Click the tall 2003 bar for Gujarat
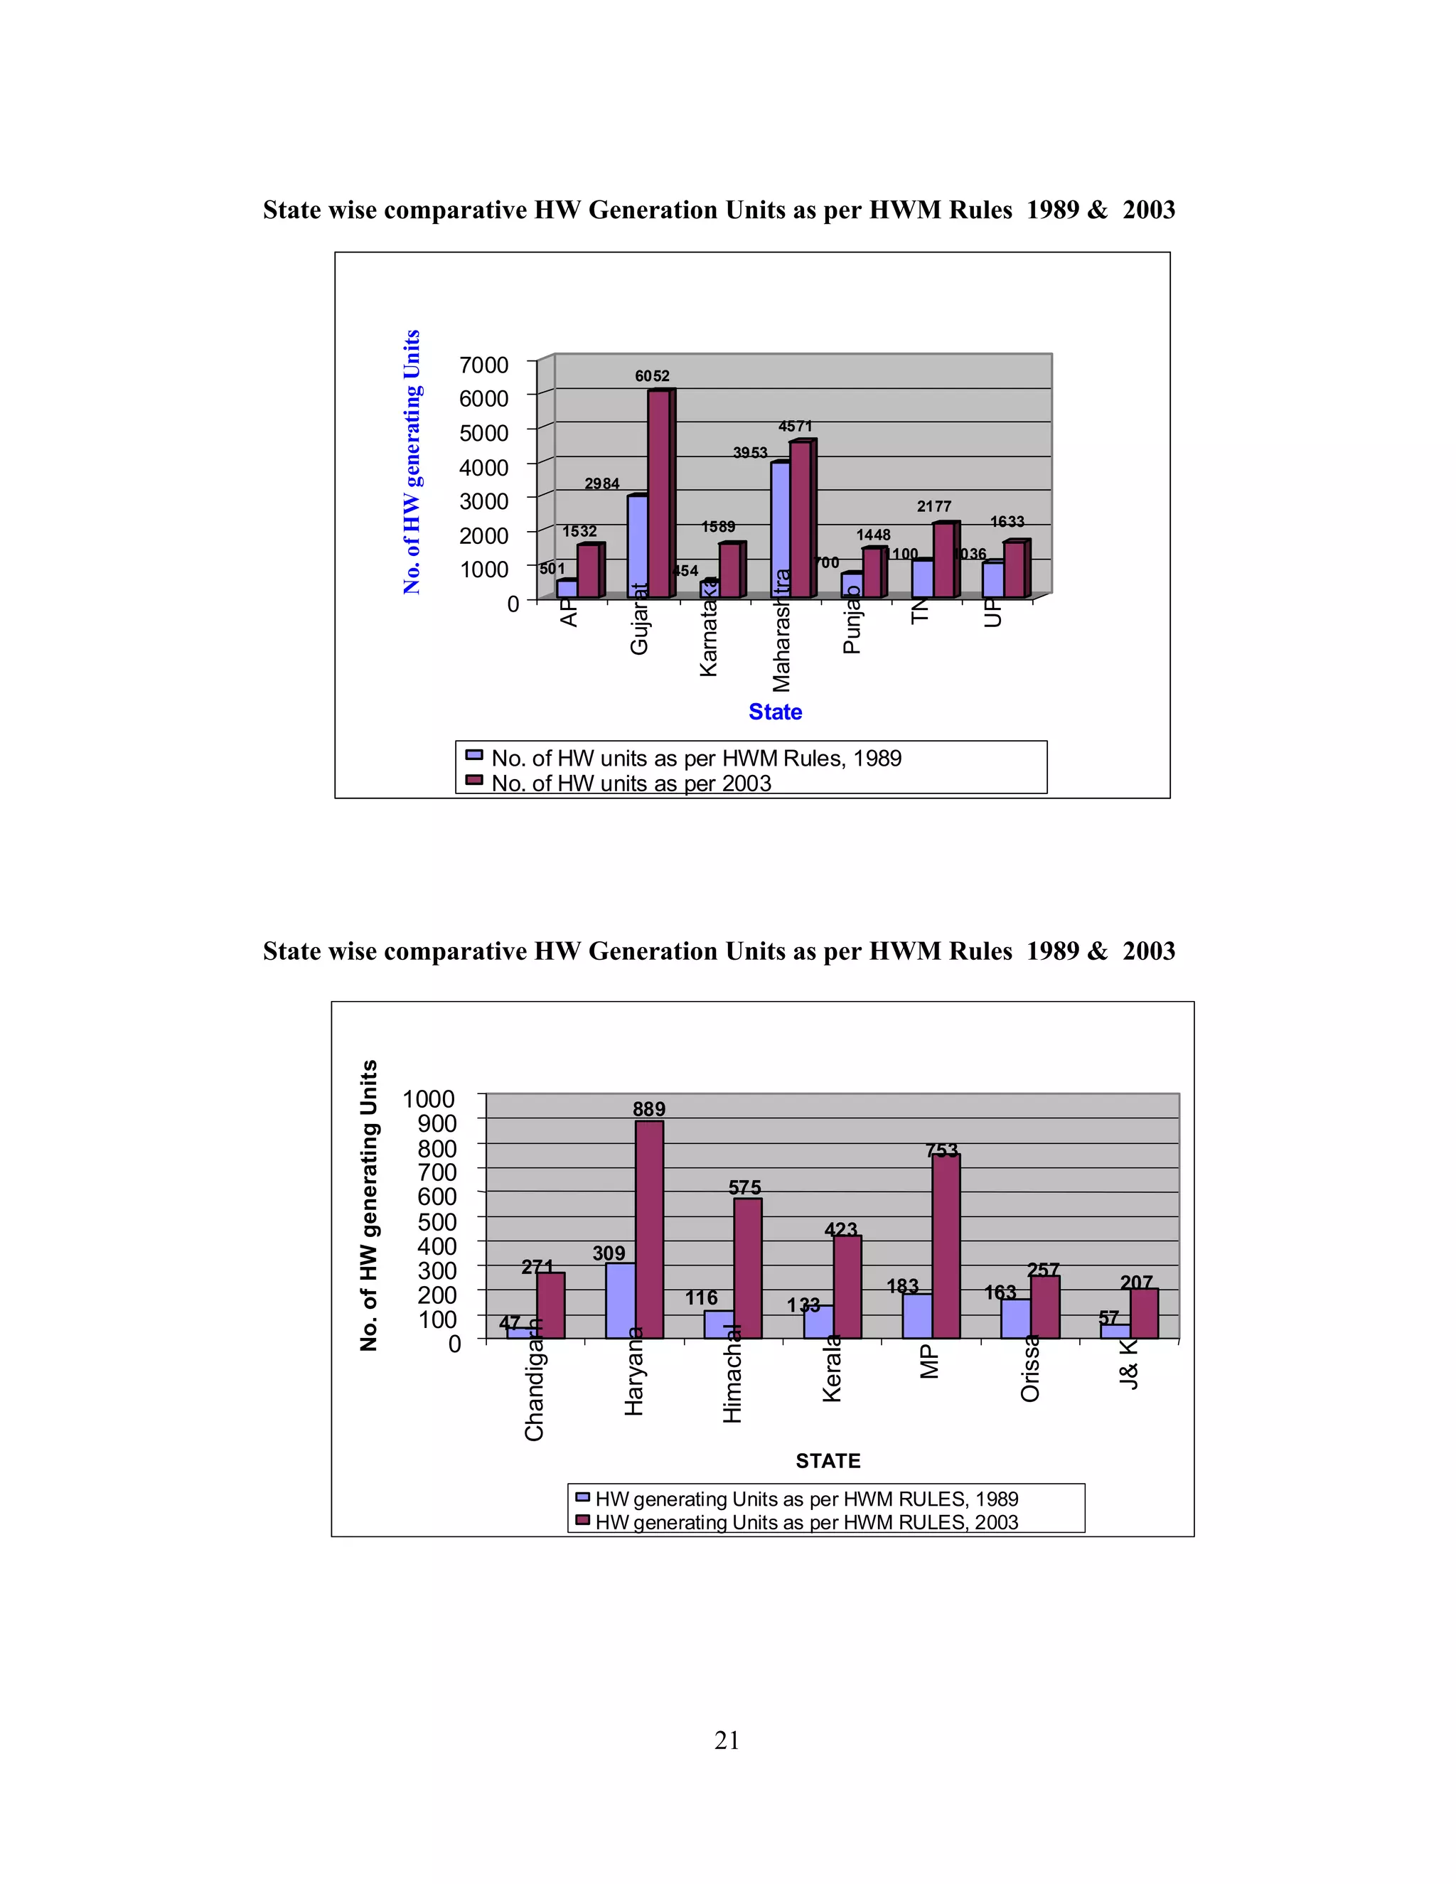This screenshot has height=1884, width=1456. [659, 493]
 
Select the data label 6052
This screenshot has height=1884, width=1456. [652, 376]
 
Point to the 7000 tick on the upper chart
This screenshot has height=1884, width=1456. [484, 365]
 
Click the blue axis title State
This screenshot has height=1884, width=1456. [775, 712]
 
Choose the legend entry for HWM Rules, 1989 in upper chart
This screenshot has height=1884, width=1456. [695, 759]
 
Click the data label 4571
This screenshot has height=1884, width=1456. [796, 426]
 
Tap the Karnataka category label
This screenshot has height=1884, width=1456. [709, 638]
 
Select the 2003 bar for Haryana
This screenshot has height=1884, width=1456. [648, 1229]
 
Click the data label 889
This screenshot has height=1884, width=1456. [648, 1109]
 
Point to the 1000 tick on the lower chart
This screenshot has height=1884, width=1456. [429, 1099]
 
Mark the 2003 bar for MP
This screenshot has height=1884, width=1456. [946, 1246]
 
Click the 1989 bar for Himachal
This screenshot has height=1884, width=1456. [717, 1324]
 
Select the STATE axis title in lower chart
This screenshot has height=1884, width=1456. [828, 1460]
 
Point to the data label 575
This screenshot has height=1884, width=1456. [744, 1188]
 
